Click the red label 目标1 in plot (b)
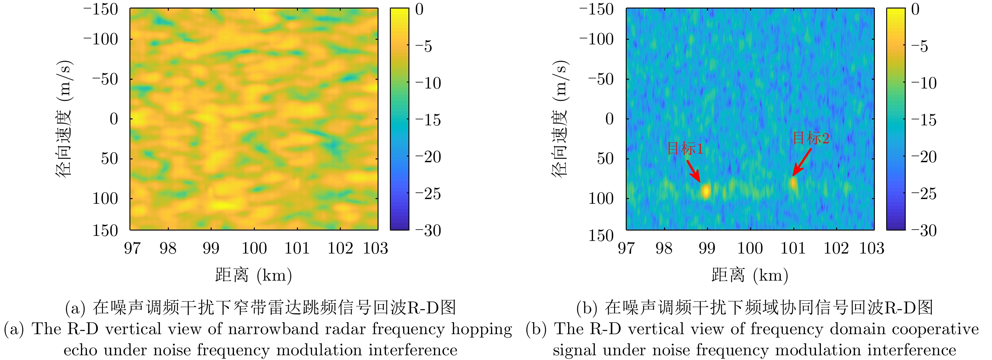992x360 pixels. pos(685,149)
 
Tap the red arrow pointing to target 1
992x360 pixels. pos(693,171)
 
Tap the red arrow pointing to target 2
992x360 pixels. pos(802,163)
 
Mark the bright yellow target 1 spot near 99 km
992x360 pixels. pos(705,191)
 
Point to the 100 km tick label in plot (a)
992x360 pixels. pos(254,248)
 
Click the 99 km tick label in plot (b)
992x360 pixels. pos(707,248)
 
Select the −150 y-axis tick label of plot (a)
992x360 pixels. pos(101,9)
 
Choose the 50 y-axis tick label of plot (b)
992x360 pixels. pos(605,158)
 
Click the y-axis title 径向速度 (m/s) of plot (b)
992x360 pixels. pos(560,119)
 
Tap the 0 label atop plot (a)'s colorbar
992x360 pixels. pos(419,9)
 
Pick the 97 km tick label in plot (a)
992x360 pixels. pos(132,248)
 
